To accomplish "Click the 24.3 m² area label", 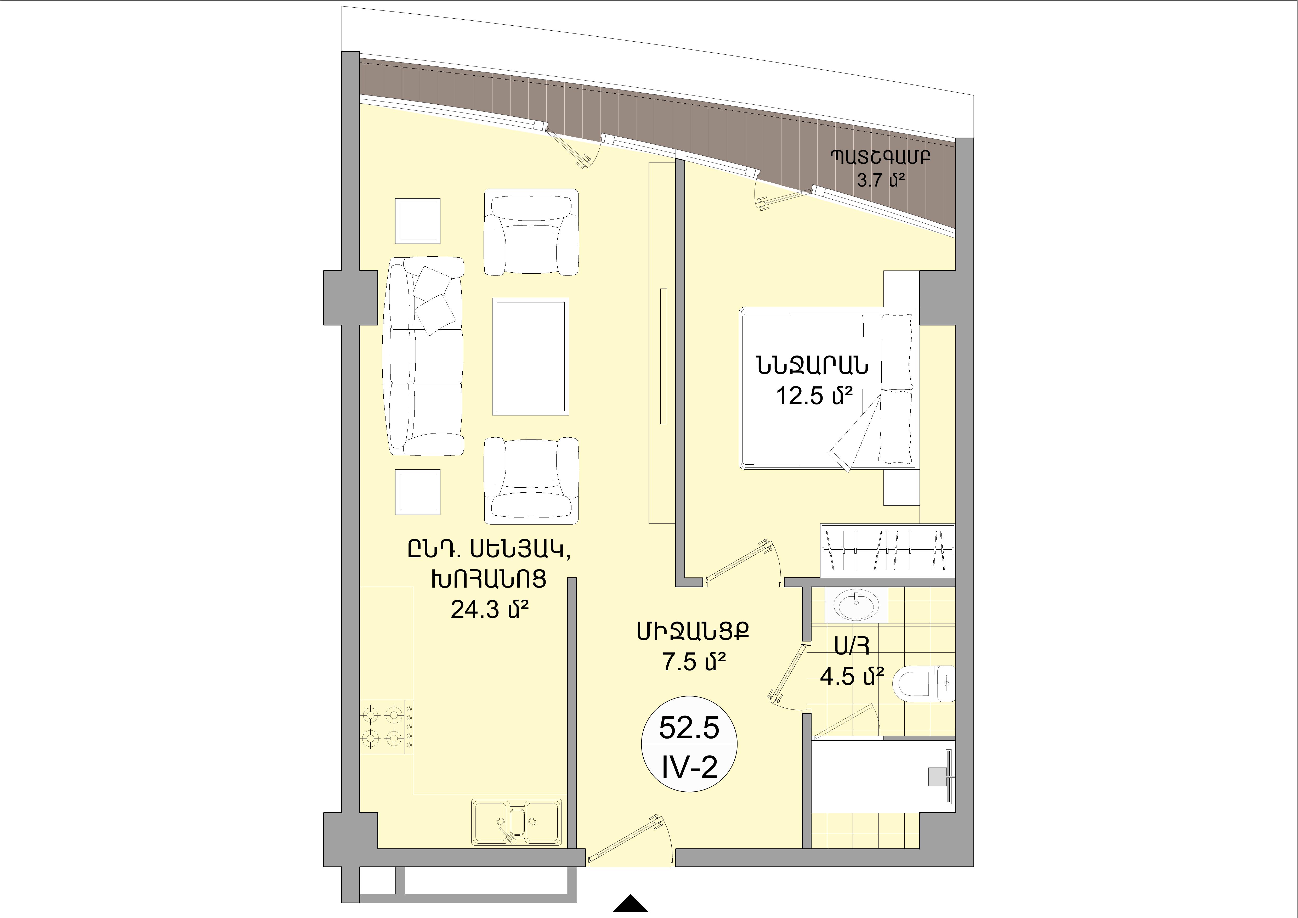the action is (490, 610).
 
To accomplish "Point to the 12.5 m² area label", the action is (814, 396).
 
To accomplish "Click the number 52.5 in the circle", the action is (689, 729).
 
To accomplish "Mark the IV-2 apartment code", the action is (689, 768).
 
